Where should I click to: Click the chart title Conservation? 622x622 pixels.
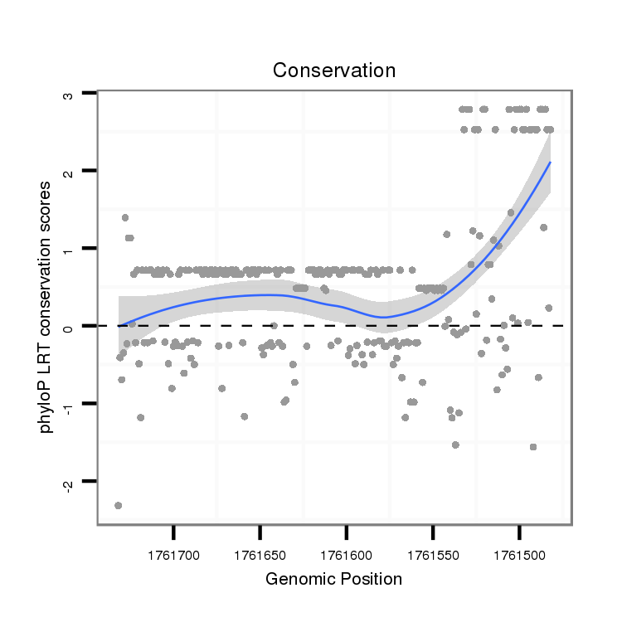tap(334, 70)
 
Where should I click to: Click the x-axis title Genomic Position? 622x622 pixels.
tap(333, 579)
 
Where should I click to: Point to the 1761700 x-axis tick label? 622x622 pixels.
tap(173, 551)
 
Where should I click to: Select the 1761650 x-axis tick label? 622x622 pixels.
tap(260, 551)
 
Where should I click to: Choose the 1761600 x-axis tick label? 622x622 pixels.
tap(347, 551)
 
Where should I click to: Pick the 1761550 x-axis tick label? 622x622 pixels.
tap(433, 551)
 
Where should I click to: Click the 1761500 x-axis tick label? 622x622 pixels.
tap(519, 551)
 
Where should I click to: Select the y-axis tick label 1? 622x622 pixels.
tap(69, 249)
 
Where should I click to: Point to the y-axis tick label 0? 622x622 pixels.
tap(69, 326)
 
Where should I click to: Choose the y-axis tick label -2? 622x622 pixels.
tap(69, 480)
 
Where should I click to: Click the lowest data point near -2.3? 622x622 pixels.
tap(119, 505)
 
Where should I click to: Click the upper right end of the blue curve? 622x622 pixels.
tap(549, 163)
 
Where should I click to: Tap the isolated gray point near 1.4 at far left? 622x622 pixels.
tap(125, 217)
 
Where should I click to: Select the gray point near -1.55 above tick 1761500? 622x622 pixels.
tap(532, 447)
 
